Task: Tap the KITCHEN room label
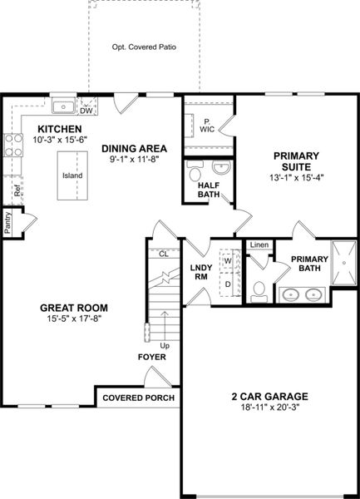pyautogui.click(x=58, y=129)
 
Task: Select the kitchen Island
pyautogui.click(x=72, y=175)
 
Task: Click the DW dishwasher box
pyautogui.click(x=86, y=110)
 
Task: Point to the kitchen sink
pyautogui.click(x=62, y=106)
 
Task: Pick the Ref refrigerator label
pyautogui.click(x=17, y=190)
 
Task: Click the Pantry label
pyautogui.click(x=7, y=222)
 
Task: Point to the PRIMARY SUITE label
pyautogui.click(x=292, y=161)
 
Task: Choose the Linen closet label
pyautogui.click(x=259, y=245)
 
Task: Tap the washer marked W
pyautogui.click(x=227, y=260)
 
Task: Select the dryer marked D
pyautogui.click(x=227, y=283)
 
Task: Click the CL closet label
pyautogui.click(x=164, y=254)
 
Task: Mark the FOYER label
pyautogui.click(x=152, y=357)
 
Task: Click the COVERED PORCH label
pyautogui.click(x=138, y=398)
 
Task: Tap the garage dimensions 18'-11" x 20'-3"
pyautogui.click(x=270, y=408)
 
